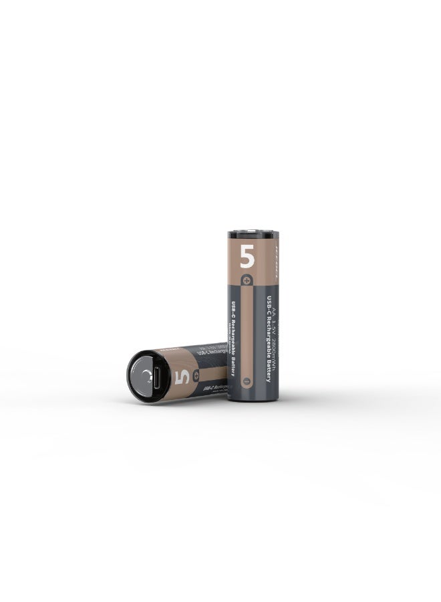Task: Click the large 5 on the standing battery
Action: [247, 256]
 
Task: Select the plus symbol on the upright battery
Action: [247, 280]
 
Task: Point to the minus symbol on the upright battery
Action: [247, 381]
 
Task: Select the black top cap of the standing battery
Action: [252, 235]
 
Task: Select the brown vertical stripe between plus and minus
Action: [247, 331]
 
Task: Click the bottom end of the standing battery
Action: [253, 398]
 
